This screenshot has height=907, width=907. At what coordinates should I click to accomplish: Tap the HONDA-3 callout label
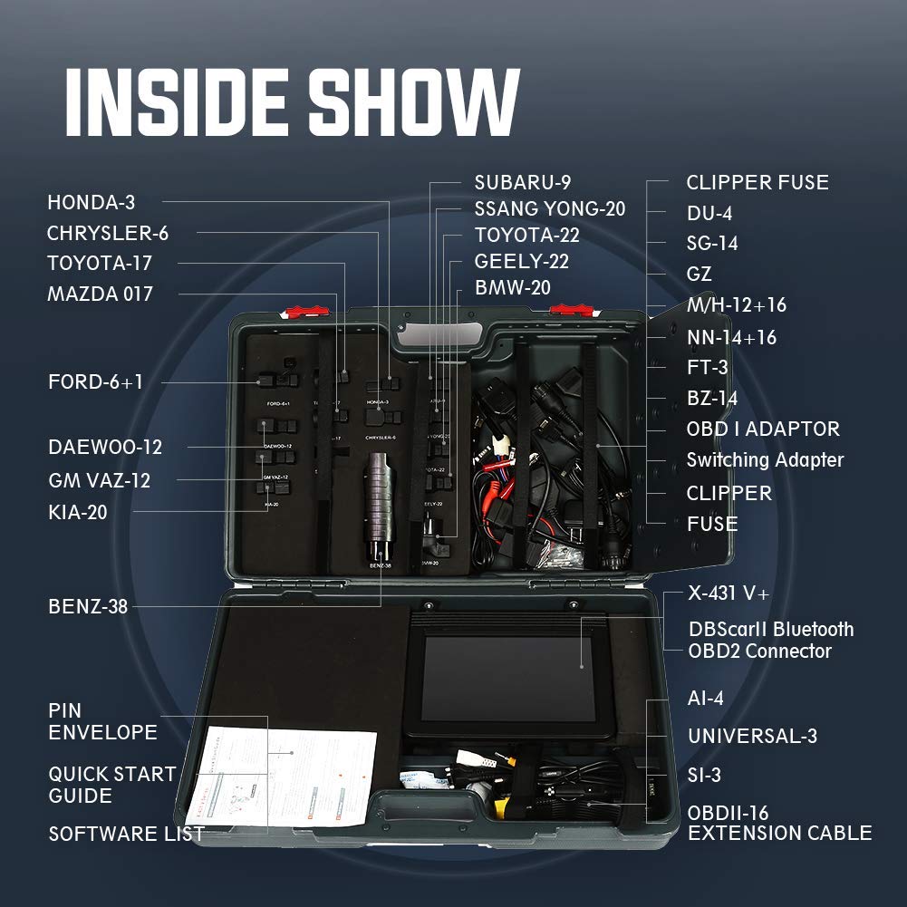91,202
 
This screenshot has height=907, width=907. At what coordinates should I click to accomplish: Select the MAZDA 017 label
100,294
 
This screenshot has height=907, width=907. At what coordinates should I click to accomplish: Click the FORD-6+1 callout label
95,381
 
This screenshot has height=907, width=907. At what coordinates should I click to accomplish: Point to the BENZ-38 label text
88,606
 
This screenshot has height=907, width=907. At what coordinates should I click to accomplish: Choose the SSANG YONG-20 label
549,208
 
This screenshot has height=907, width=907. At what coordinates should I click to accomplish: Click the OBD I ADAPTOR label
763,429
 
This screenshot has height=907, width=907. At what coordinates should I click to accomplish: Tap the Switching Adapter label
765,459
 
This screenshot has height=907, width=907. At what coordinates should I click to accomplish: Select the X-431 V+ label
728,593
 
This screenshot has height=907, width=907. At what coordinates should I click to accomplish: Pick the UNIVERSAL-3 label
752,736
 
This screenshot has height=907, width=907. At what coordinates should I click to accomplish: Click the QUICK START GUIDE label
111,785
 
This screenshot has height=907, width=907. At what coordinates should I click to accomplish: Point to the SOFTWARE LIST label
126,834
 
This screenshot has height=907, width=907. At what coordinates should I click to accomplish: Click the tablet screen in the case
507,678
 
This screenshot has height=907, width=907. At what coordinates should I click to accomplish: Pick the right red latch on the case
564,310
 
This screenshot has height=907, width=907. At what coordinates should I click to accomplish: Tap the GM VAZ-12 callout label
99,479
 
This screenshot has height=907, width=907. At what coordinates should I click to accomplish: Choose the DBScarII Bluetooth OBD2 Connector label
770,640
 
